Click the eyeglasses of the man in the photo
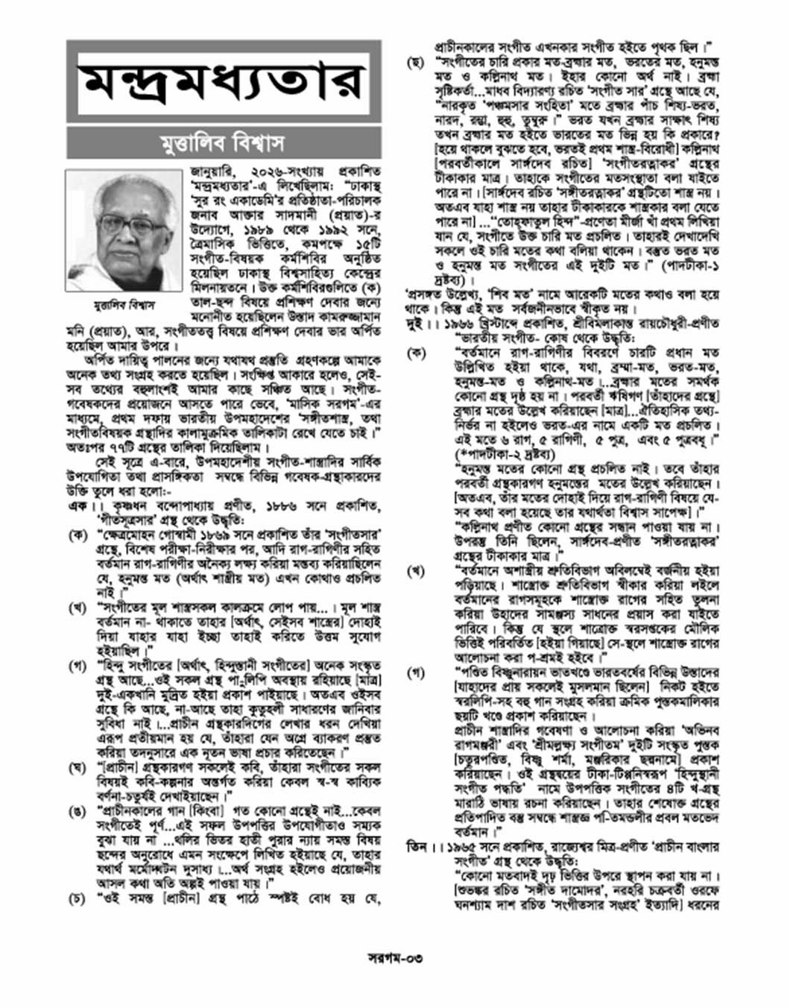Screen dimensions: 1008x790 pyautogui.click(x=124, y=223)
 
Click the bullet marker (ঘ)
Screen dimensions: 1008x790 pyautogui.click(x=77, y=767)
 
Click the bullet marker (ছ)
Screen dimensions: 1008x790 pyautogui.click(x=415, y=63)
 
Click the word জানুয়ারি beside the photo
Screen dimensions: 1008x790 pyautogui.click(x=215, y=182)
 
